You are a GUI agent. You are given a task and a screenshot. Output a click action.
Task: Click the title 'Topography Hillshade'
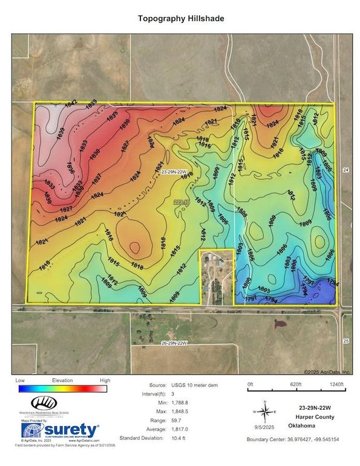click(x=180, y=19)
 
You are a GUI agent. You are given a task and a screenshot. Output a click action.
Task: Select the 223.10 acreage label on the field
click(x=182, y=202)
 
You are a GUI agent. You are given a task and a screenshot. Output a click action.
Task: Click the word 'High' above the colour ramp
click(x=105, y=381)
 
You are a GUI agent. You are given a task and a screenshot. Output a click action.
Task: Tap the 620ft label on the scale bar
click(x=295, y=384)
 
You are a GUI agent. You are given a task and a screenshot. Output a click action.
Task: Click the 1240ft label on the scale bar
click(x=339, y=384)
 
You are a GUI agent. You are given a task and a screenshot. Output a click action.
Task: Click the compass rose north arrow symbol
click(x=264, y=411)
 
